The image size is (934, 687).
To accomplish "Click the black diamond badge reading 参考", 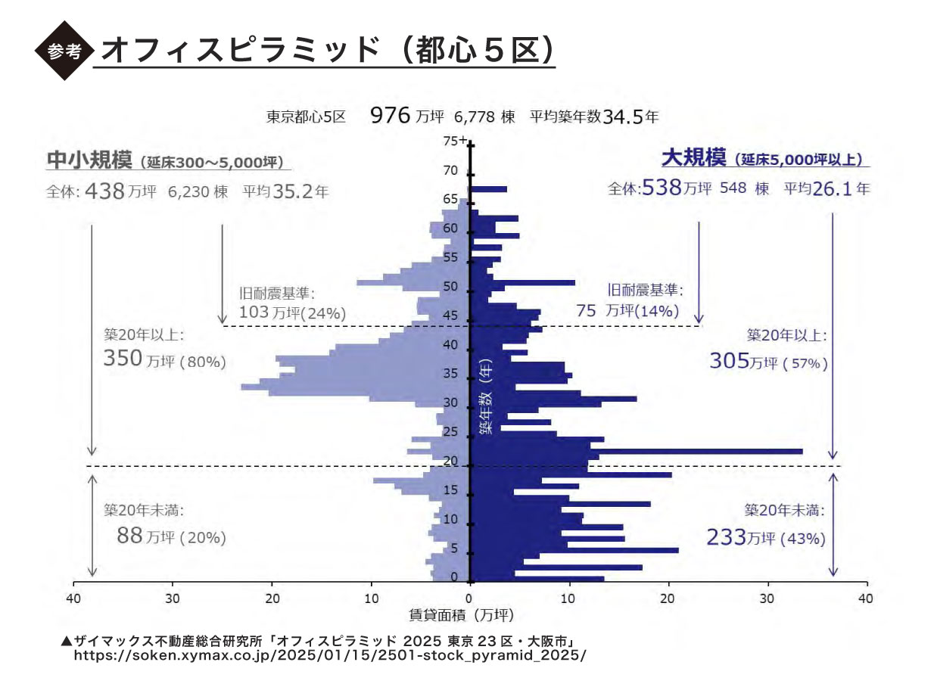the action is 64,51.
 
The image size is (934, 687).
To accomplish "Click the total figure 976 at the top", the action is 391,116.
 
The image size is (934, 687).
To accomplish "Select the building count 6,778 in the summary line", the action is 475,117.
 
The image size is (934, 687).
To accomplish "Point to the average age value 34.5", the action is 624,117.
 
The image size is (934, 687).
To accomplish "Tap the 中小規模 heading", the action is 89,160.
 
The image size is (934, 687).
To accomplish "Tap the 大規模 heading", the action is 694,158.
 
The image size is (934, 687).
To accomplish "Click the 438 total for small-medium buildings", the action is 104,191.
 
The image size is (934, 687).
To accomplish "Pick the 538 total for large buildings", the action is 662,188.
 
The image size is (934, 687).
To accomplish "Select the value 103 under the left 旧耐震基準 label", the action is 254,312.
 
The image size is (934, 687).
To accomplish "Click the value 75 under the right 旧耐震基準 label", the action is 586,310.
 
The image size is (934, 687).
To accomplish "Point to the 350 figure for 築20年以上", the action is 123,358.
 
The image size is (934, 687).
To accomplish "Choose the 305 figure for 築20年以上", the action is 730,361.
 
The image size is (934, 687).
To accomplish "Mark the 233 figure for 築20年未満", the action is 726,537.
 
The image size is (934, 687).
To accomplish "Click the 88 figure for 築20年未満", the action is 129,536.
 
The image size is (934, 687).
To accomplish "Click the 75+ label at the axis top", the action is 454,141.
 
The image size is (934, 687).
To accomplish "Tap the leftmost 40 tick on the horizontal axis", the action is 73,598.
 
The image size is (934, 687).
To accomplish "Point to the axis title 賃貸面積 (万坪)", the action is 462,615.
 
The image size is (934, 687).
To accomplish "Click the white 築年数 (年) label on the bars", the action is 486,396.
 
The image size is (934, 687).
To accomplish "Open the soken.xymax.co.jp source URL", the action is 330,655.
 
